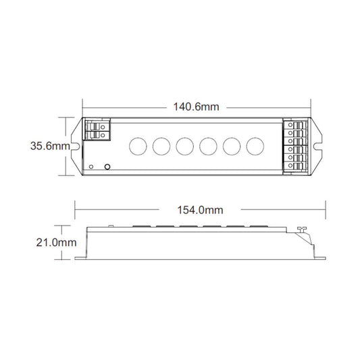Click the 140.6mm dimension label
click(x=196, y=107)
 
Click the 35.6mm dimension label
click(x=50, y=146)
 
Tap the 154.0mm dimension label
click(x=200, y=210)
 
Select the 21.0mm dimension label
click(x=56, y=242)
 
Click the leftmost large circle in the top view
click(x=138, y=147)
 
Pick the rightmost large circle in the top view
click(x=255, y=147)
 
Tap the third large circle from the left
click(x=185, y=147)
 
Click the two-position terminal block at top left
click(x=97, y=130)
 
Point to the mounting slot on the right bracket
click(x=318, y=146)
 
